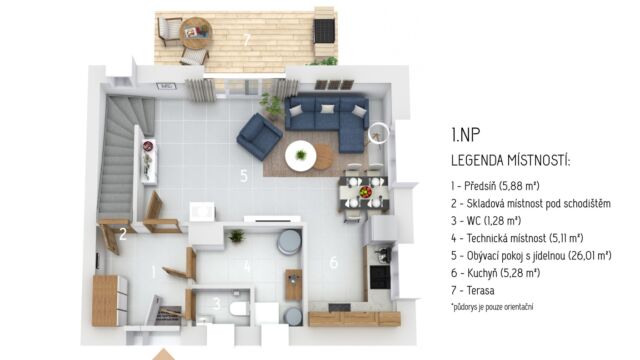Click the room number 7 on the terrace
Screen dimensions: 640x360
coord(247,40)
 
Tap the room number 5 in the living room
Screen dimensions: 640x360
coord(244,176)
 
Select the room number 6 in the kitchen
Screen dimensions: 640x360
coord(333,262)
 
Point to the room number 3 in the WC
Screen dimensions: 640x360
coord(217,303)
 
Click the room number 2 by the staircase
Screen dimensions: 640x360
coord(123,234)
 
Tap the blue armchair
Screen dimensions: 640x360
coord(259,136)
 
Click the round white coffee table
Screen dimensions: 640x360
coord(301,155)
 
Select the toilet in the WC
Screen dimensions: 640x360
coord(239,308)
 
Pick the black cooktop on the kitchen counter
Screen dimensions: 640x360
coord(380,277)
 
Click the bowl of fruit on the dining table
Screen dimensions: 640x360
coord(365,191)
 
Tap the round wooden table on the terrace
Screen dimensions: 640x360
coord(196,33)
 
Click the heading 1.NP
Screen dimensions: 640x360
coord(466,134)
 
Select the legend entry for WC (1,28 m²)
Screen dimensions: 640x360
coord(486,221)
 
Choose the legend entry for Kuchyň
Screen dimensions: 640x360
coord(496,273)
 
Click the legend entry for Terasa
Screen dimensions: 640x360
coord(473,291)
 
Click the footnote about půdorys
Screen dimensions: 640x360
coord(492,307)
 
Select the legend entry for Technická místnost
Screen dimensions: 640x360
coord(517,238)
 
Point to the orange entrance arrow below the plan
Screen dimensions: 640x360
coord(164,355)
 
